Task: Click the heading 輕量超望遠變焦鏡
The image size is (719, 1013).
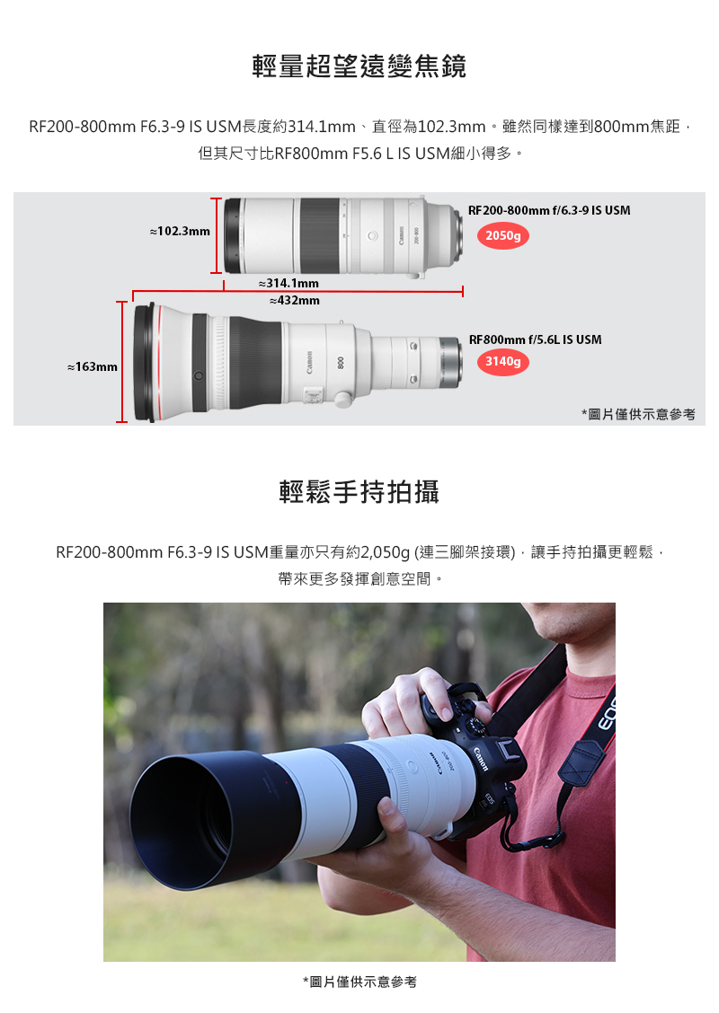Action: point(359,66)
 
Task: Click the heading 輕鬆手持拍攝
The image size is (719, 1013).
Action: point(359,491)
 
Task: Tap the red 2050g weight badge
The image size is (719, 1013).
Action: point(502,236)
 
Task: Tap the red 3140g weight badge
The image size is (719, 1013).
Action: point(502,362)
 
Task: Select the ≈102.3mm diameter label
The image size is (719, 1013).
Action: point(180,232)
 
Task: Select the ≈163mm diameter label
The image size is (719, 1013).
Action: point(93,366)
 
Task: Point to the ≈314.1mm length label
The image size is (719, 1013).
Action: point(288,284)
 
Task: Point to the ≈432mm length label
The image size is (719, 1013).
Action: point(294,300)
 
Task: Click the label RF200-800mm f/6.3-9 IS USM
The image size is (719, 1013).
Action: point(549,210)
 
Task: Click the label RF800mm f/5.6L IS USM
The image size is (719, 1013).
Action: point(535,339)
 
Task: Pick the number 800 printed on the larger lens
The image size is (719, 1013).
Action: point(341,362)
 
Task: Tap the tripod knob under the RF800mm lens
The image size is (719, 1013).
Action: point(342,398)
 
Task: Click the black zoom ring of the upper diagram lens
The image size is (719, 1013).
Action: point(319,235)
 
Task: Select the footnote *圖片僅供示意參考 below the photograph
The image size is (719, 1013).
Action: point(359,982)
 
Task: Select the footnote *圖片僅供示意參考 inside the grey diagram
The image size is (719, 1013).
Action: point(638,414)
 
